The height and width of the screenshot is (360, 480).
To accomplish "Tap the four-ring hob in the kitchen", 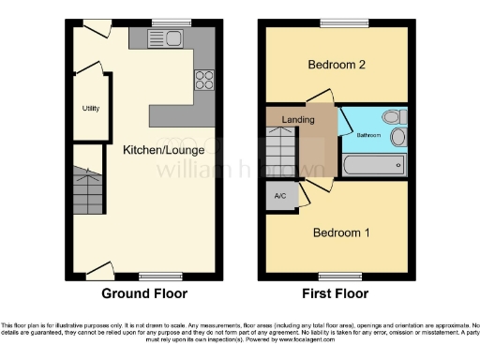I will click(203, 80).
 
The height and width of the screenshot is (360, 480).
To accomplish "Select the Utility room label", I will click(91, 109).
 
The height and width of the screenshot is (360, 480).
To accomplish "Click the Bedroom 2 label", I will click(337, 65).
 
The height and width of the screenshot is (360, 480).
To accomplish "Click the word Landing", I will click(297, 119).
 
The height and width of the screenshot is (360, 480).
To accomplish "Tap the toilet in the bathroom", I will click(394, 116).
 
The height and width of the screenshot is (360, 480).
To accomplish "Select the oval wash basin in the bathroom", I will click(397, 139).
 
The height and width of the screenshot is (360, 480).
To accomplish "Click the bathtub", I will click(373, 167).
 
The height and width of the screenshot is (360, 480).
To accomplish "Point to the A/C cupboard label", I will click(279, 196).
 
